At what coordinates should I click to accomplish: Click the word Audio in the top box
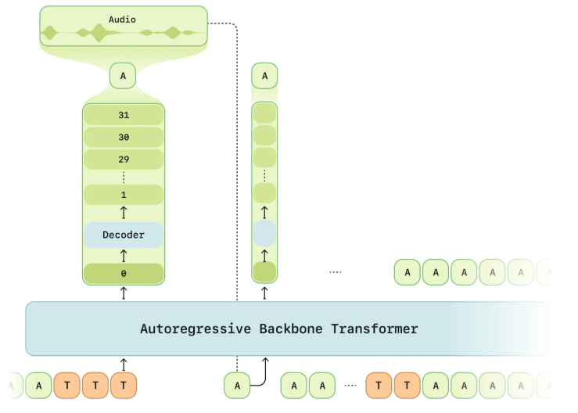(x=122, y=19)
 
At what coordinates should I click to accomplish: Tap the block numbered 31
(x=124, y=115)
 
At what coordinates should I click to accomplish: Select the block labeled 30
(x=124, y=137)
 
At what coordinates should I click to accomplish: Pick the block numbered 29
(x=124, y=159)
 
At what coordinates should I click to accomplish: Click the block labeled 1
(x=124, y=195)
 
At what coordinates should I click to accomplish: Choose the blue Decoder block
(x=124, y=235)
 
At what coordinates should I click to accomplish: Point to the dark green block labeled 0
(x=124, y=274)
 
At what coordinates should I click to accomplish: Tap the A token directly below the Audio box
(x=123, y=76)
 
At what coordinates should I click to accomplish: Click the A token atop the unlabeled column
(x=264, y=76)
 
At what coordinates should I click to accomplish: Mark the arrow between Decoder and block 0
(x=124, y=255)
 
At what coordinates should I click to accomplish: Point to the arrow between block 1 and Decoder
(x=124, y=213)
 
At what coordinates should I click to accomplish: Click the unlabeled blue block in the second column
(x=264, y=235)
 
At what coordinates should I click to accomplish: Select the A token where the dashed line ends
(x=237, y=385)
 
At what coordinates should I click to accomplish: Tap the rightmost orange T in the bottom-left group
(x=124, y=385)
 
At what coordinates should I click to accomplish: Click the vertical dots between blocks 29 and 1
(x=124, y=177)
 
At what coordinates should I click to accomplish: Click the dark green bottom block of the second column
(x=264, y=272)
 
